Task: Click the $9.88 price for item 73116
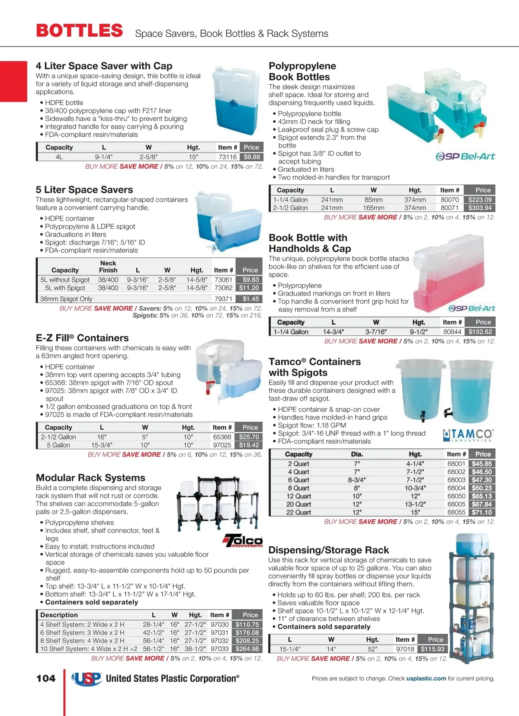tap(251, 157)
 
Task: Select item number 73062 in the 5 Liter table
tap(223, 288)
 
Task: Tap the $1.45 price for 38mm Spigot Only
tap(250, 299)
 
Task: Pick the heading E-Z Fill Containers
tap(82, 338)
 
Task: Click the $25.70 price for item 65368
tap(249, 437)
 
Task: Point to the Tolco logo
tap(243, 540)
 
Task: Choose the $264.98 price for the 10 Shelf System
tap(247, 649)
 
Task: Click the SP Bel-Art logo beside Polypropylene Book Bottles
tap(465, 156)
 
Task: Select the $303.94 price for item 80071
tap(480, 208)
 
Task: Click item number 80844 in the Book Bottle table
tap(452, 332)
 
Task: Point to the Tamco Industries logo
tap(468, 435)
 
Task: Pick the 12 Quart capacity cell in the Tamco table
tap(298, 496)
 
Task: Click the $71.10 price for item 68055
tap(481, 512)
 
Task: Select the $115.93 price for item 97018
tap(432, 649)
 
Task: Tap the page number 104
tap(46, 678)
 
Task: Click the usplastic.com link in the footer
tap(426, 678)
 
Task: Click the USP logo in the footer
tap(87, 678)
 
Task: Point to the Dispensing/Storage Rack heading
tap(329, 550)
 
